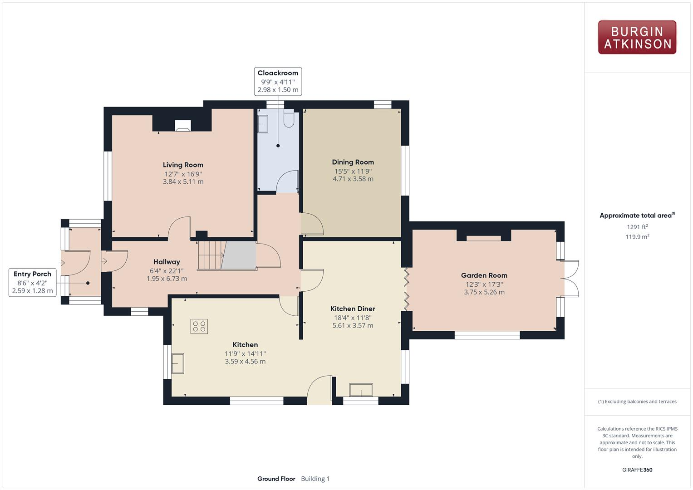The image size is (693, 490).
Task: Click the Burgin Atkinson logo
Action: (x=637, y=37)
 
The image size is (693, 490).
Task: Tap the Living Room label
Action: (x=183, y=165)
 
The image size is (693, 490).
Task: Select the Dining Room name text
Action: (x=353, y=162)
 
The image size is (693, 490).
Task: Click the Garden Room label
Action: (x=484, y=275)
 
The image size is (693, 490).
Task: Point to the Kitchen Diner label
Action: (x=353, y=309)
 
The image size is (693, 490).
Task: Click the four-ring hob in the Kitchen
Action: (x=199, y=326)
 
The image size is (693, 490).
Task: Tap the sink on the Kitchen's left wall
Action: (x=178, y=363)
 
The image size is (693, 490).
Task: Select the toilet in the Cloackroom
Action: (x=289, y=119)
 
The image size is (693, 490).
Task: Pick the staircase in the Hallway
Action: (x=211, y=255)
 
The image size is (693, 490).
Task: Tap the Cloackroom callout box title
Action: (x=278, y=73)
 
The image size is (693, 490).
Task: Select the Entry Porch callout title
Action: (x=32, y=274)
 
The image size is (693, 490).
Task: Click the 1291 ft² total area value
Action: (x=637, y=227)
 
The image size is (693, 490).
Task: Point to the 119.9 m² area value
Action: (x=637, y=236)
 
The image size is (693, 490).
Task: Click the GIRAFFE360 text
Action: (x=637, y=470)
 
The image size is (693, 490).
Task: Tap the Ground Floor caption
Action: (x=276, y=479)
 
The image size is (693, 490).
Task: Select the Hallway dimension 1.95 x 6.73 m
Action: (x=167, y=279)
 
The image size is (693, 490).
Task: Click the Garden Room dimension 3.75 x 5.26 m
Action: (x=484, y=292)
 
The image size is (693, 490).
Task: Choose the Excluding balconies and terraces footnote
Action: (x=637, y=402)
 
